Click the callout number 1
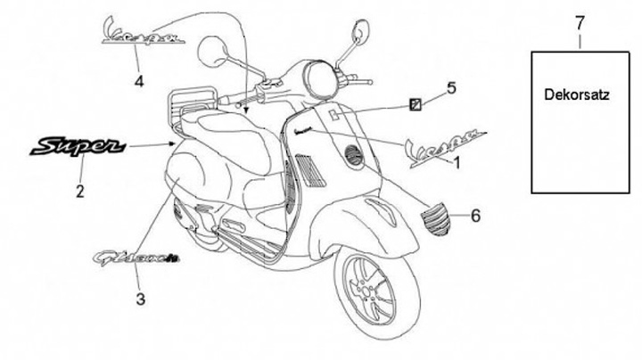(x=457, y=164)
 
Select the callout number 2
(x=80, y=190)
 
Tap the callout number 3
(x=140, y=299)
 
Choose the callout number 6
(x=475, y=216)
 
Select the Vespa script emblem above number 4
(x=141, y=32)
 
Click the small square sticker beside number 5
(x=415, y=104)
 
